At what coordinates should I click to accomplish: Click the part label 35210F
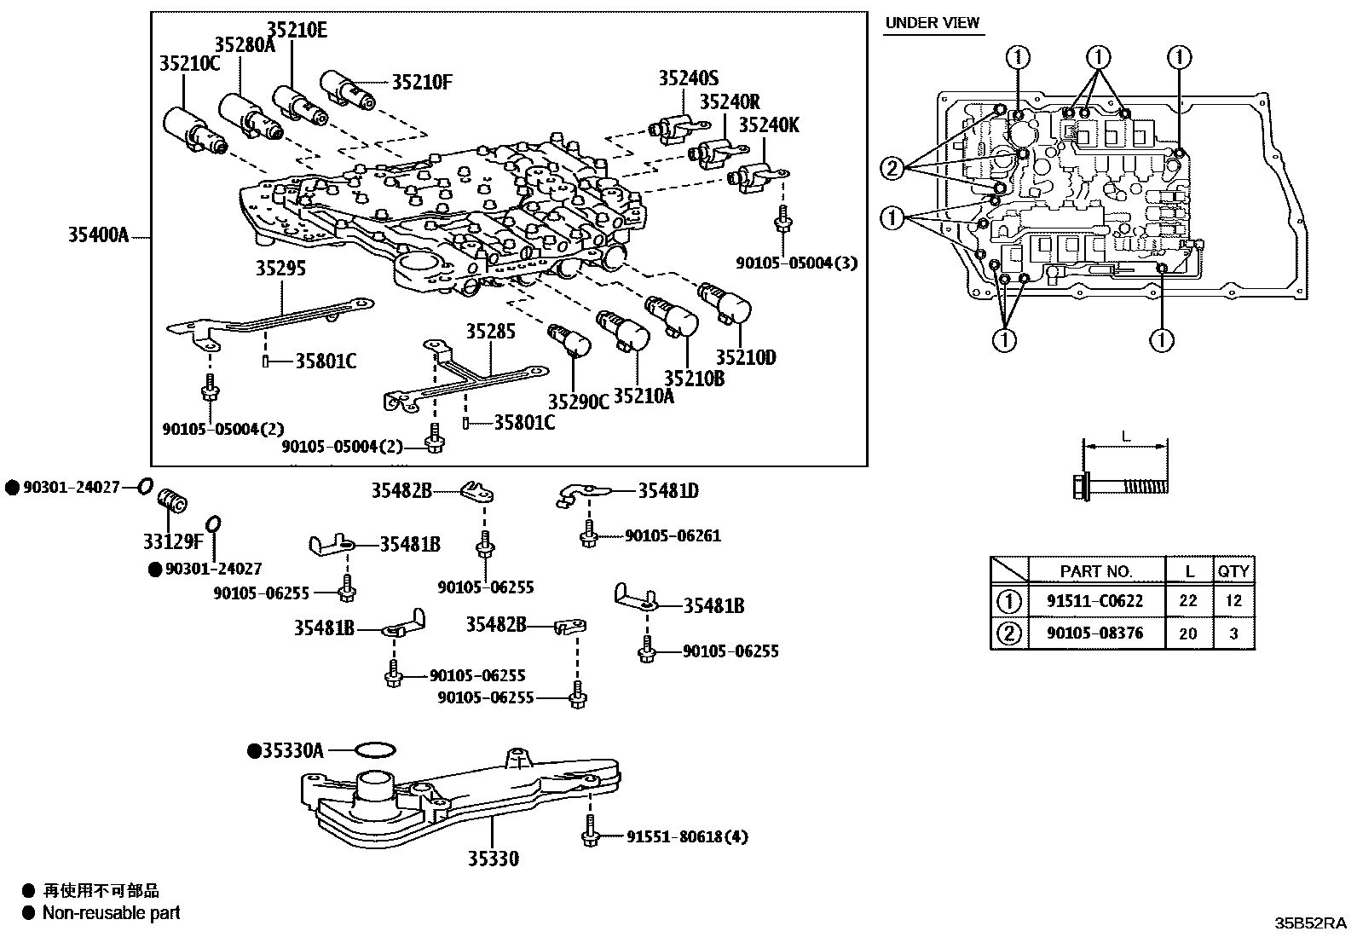[x=421, y=82]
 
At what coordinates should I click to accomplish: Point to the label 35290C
[x=578, y=402]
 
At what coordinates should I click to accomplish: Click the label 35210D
[x=745, y=357]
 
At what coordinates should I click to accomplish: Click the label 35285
[x=490, y=331]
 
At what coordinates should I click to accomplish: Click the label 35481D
[x=668, y=490]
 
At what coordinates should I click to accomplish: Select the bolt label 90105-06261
[x=673, y=535]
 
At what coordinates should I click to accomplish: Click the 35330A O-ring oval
[x=374, y=749]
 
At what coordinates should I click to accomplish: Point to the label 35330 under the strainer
[x=494, y=859]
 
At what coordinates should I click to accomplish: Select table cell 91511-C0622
[x=1094, y=601]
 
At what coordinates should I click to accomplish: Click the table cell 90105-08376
[x=1094, y=633]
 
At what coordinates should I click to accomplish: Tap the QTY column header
[x=1233, y=570]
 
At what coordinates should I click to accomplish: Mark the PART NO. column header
[x=1095, y=570]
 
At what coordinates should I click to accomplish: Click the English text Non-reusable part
[x=111, y=913]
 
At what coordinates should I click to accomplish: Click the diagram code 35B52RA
[x=1309, y=923]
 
